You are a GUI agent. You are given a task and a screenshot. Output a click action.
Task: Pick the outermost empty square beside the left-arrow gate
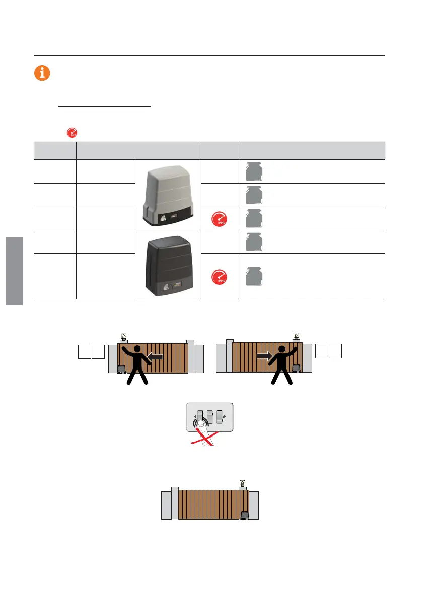click(85, 352)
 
